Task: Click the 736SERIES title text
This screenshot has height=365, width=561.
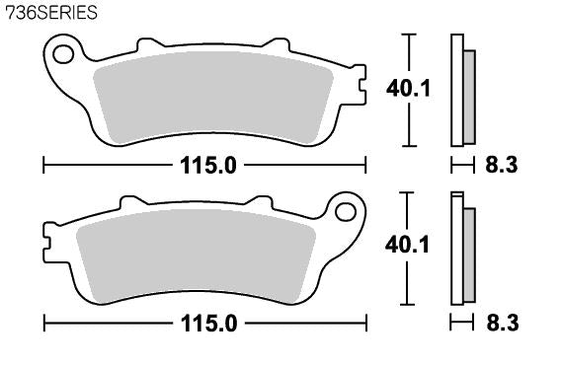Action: (x=51, y=13)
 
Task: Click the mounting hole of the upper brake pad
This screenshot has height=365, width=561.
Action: (x=63, y=54)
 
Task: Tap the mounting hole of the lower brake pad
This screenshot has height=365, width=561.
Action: (x=346, y=212)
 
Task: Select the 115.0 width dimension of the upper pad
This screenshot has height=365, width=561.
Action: (x=208, y=166)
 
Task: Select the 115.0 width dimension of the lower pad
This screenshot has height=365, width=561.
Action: (x=209, y=324)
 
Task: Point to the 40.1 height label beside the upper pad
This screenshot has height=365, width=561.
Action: (x=409, y=89)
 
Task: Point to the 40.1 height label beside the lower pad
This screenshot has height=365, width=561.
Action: (x=407, y=246)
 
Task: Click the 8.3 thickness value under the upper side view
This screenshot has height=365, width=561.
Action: (x=502, y=166)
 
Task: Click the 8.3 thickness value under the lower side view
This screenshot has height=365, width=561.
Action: (x=503, y=324)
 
